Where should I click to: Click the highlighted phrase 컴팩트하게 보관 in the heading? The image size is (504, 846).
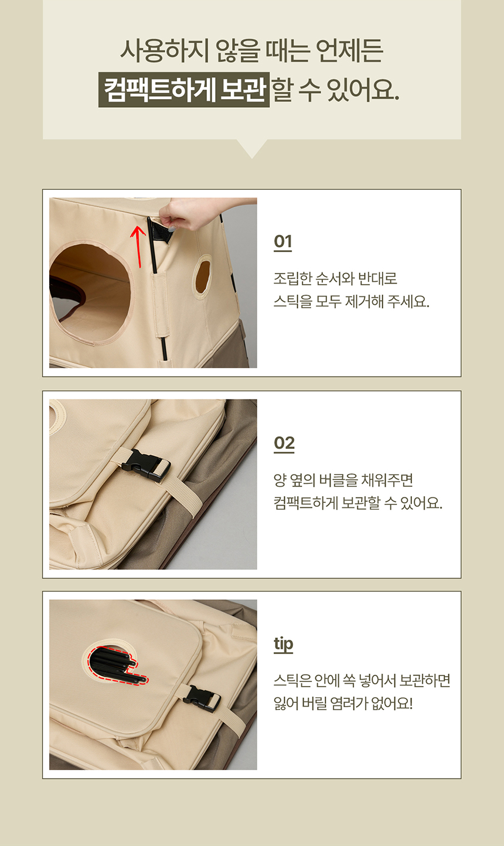pos(184,90)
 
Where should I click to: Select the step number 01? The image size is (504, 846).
pos(282,241)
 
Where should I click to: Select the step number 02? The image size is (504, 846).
pos(284,443)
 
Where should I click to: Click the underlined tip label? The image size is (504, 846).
pos(283,644)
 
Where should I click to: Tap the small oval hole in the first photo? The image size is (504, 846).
pos(203,275)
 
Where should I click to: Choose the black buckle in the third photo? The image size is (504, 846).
pos(202,698)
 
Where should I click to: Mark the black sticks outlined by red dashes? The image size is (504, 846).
pos(114,666)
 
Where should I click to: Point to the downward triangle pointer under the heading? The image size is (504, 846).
pos(252,148)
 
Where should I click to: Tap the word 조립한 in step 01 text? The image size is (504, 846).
pos(292,278)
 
